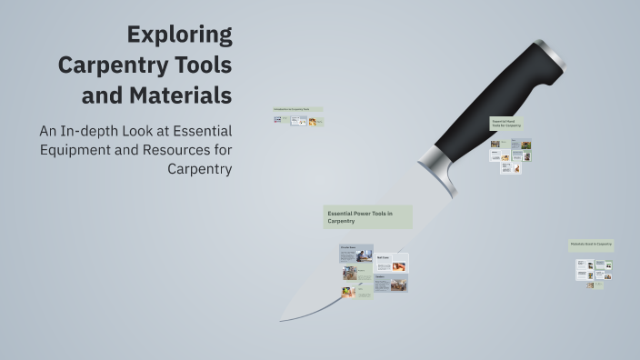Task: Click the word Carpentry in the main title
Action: point(145,65)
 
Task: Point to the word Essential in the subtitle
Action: point(197,130)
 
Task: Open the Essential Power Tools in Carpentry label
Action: point(367,216)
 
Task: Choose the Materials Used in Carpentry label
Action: point(591,245)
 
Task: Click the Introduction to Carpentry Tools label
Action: point(297,109)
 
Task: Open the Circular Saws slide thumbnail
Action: point(355,252)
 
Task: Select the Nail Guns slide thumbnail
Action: point(391,263)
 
